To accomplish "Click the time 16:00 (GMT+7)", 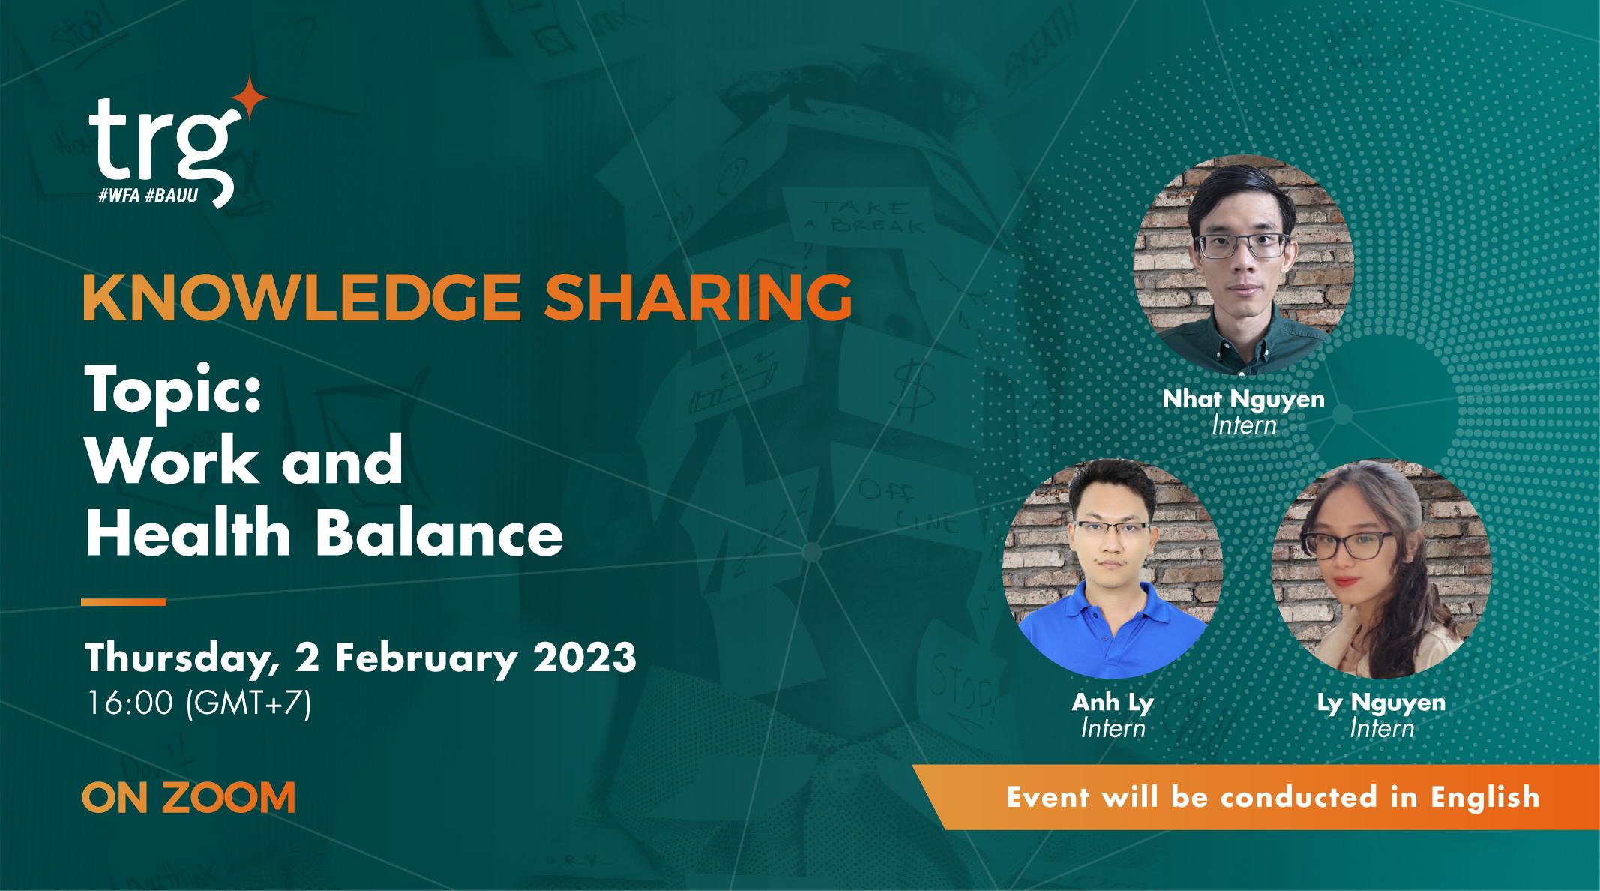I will pos(198,704).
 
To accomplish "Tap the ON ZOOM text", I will pos(188,798).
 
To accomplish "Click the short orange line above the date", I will pos(123,601).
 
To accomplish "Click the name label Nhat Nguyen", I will pos(1243,399).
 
